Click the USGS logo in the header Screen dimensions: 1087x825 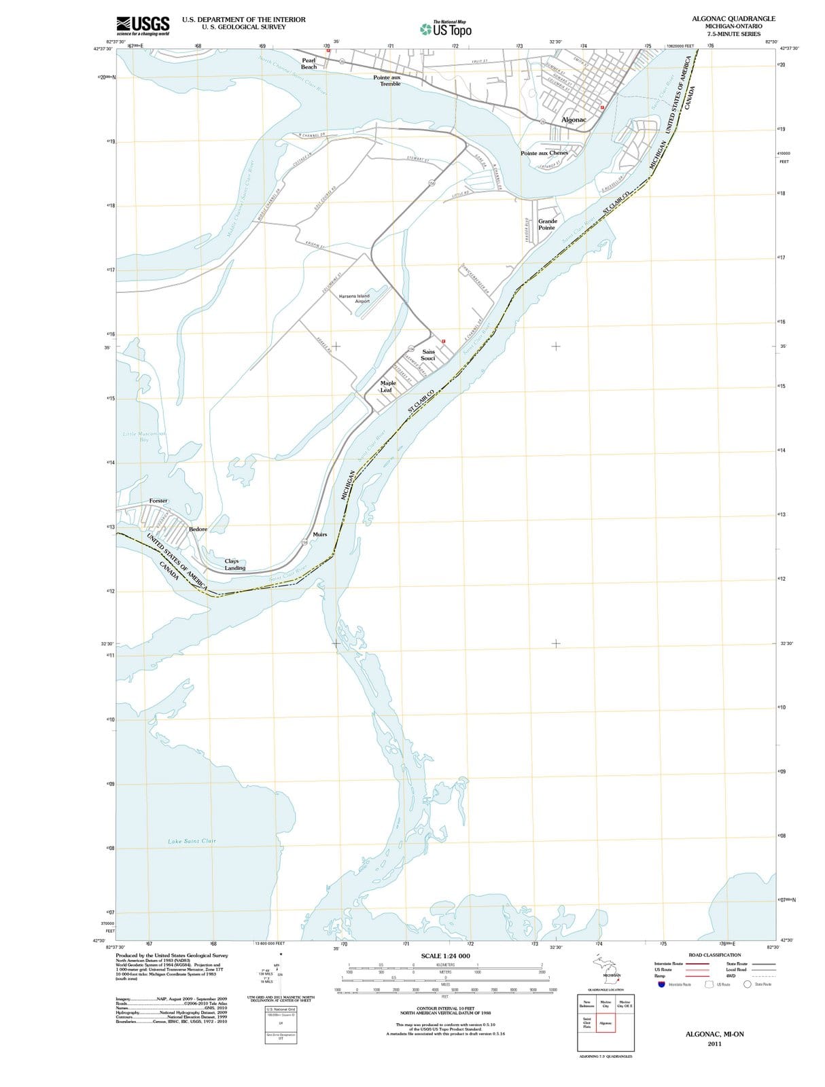pos(143,26)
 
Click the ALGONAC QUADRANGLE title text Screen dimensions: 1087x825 pos(733,19)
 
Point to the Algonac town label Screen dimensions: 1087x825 pos(574,120)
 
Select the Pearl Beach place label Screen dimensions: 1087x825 pos(309,64)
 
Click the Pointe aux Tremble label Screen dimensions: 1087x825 pos(390,81)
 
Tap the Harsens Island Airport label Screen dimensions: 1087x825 pos(354,298)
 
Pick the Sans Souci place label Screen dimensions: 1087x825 pos(428,355)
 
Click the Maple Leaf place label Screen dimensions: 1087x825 pos(387,387)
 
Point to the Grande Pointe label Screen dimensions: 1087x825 pos(547,224)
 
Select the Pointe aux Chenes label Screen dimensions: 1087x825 pos(544,153)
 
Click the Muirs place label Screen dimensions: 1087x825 pos(320,535)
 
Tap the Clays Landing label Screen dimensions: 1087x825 pos(235,565)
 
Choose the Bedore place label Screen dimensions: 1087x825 pos(198,529)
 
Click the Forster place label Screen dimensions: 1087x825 pos(158,501)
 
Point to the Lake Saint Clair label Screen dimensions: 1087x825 pos(192,841)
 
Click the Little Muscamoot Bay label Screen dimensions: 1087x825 pos(144,436)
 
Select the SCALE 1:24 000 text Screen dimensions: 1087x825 pos(445,956)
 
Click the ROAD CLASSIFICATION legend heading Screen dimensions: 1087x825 pos(714,955)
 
